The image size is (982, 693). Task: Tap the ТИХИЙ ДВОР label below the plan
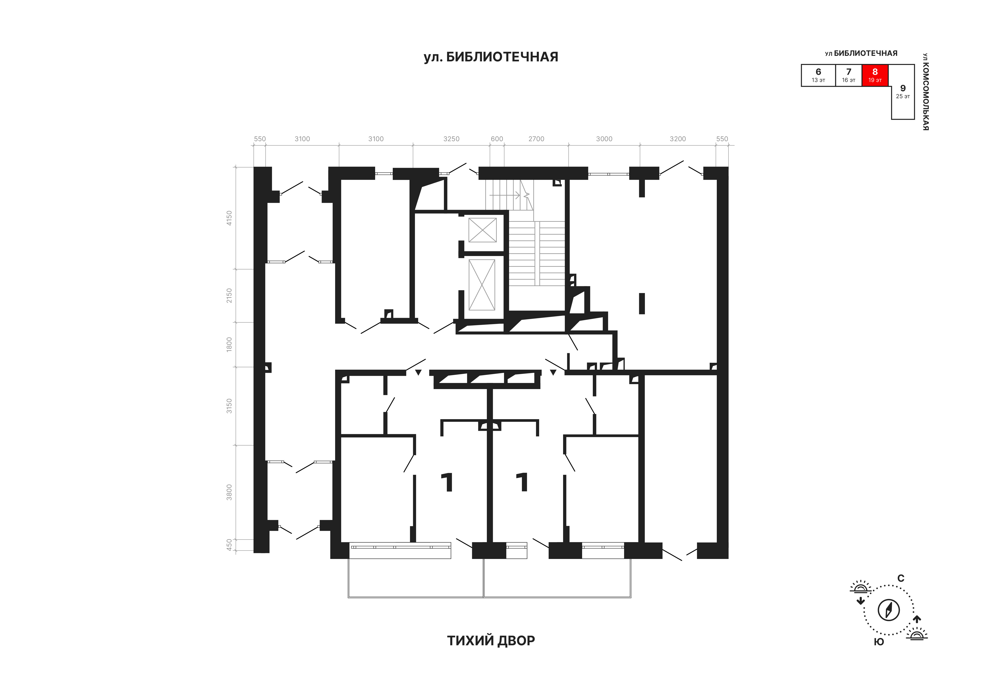tap(491, 640)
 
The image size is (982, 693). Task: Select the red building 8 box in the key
tap(875, 75)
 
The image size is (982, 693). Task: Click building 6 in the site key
tap(818, 75)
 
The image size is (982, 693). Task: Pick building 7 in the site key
tap(849, 75)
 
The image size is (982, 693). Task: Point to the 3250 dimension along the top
tap(451, 139)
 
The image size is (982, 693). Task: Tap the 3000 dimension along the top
tap(604, 139)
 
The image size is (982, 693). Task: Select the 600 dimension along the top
tap(497, 139)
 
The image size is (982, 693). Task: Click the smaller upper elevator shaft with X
tap(482, 230)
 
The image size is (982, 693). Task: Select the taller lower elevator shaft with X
tap(482, 285)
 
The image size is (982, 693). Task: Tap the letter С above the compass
tap(901, 578)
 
